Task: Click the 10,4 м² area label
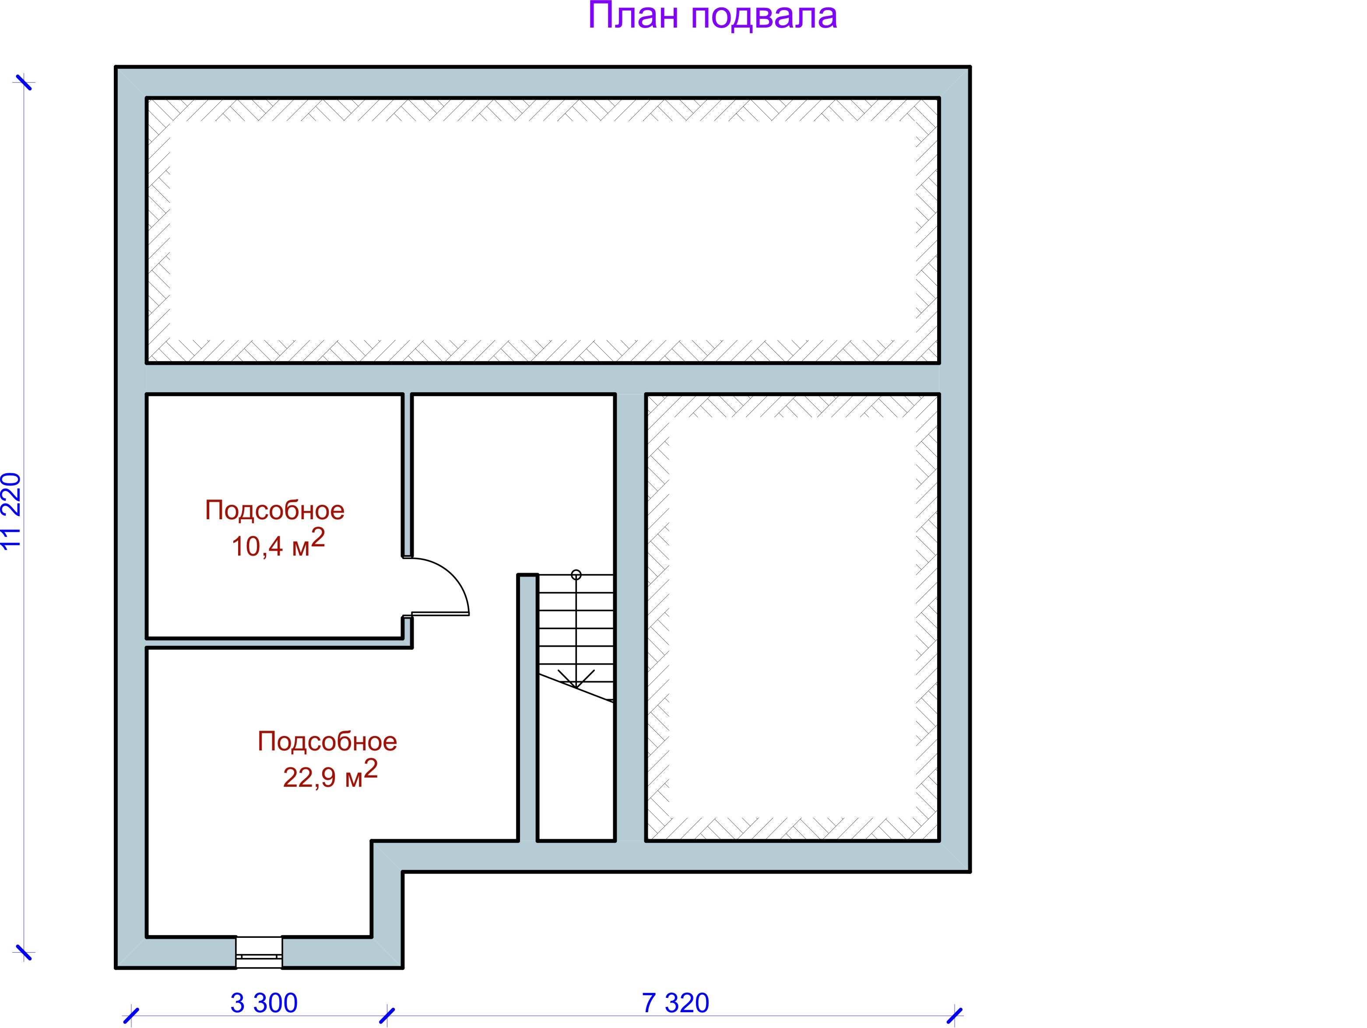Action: [278, 543]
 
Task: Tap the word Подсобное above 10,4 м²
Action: [274, 510]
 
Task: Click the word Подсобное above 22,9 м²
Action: [327, 742]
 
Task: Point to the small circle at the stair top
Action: [576, 575]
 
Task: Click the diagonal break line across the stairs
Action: [576, 687]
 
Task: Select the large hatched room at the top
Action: [543, 230]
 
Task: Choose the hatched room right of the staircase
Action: [792, 617]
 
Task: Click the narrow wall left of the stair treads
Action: [527, 708]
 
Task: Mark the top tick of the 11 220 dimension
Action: [24, 82]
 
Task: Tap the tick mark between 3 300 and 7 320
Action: [387, 1015]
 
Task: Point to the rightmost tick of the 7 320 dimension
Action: [955, 1015]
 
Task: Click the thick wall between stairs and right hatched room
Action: [630, 617]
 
